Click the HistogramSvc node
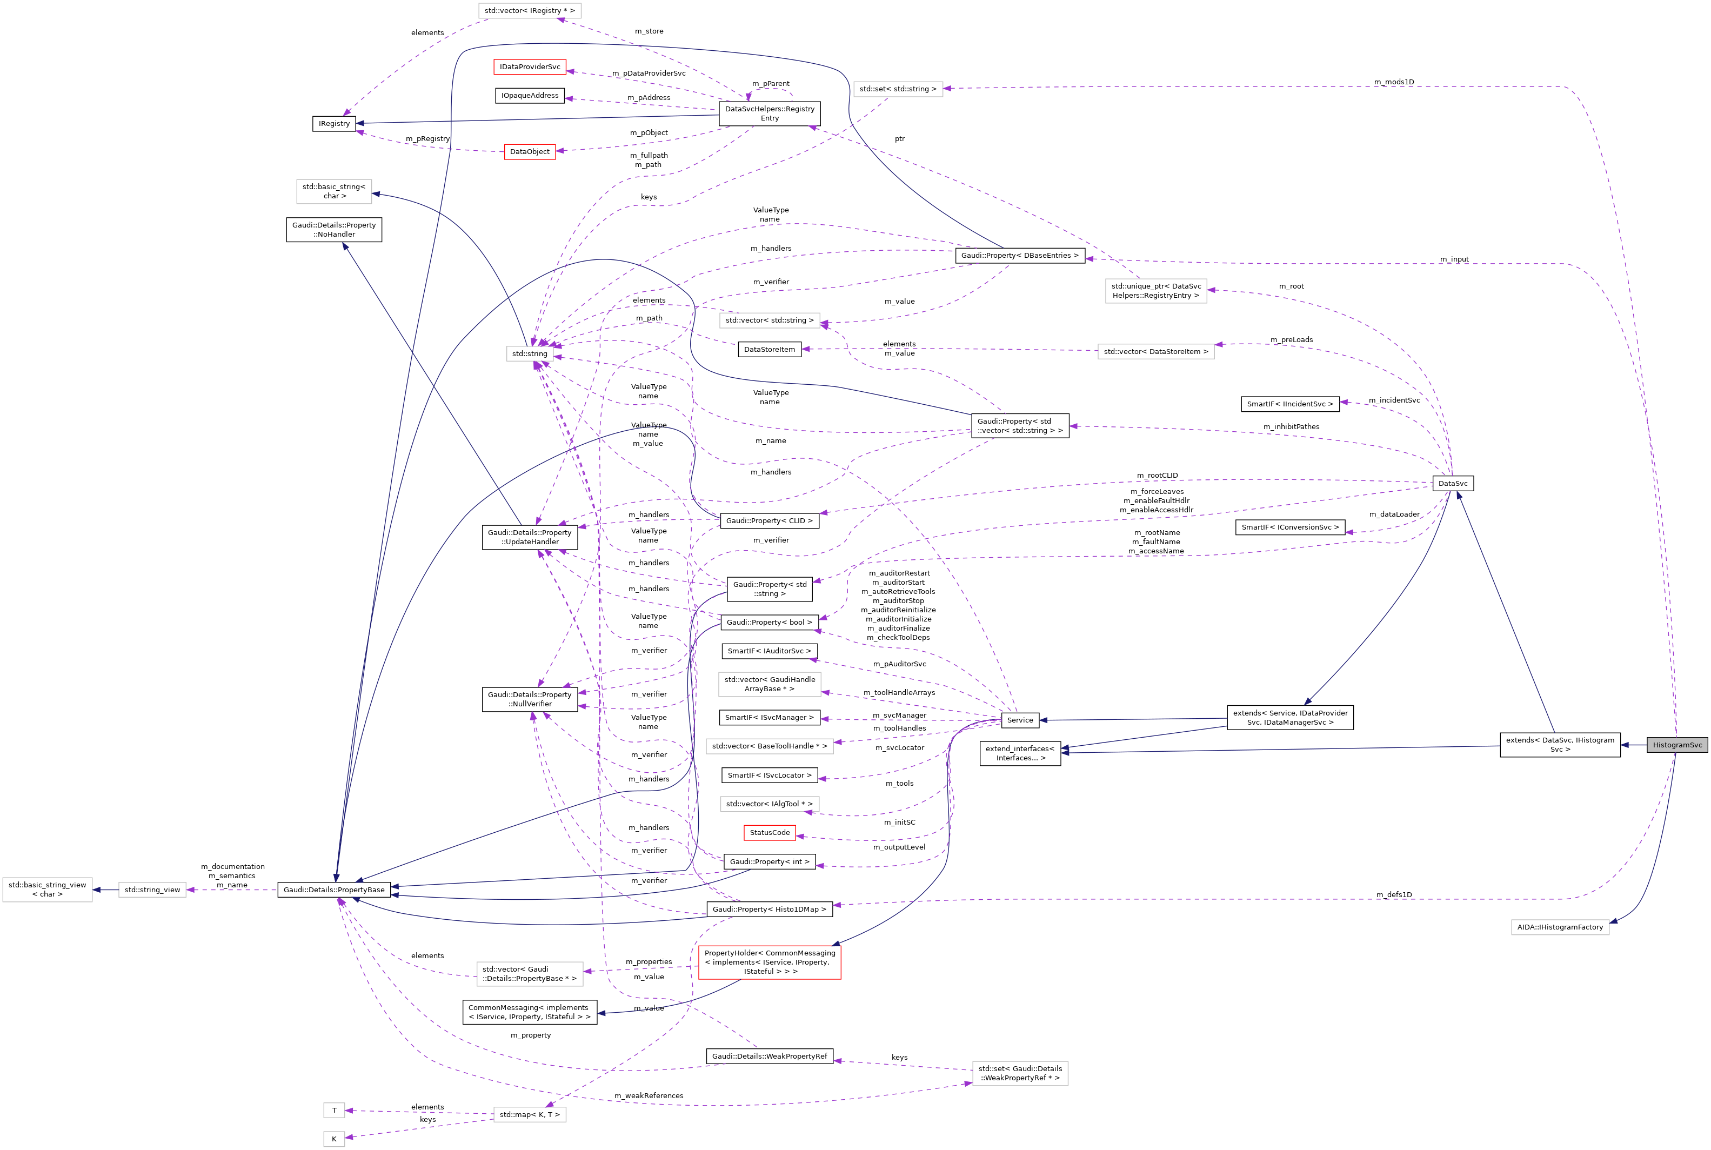[1676, 745]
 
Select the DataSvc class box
[1452, 483]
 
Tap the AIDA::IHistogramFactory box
[1559, 927]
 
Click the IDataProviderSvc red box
[530, 67]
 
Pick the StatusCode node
[770, 832]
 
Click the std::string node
[530, 353]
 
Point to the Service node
[1019, 720]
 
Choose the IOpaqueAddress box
[530, 95]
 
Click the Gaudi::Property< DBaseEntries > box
[1019, 255]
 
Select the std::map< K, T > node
[530, 1115]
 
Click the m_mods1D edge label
[1393, 82]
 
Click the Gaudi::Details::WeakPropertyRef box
[770, 1056]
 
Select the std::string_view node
[152, 890]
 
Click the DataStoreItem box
[770, 349]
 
